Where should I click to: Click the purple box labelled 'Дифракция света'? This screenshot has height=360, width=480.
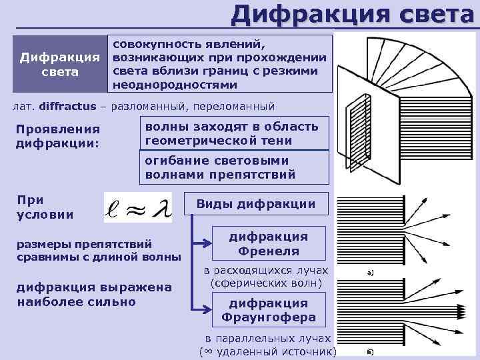point(59,64)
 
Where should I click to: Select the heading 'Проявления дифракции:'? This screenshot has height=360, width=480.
point(59,135)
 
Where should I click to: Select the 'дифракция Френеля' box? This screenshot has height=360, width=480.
point(269,244)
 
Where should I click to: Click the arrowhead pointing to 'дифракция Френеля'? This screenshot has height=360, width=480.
point(207,243)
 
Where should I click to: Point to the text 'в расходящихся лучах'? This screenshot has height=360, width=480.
point(267,271)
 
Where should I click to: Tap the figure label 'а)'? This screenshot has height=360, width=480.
point(370,273)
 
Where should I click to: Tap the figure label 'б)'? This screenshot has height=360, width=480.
point(370,351)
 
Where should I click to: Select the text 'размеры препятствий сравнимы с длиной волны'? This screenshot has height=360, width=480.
point(98,250)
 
